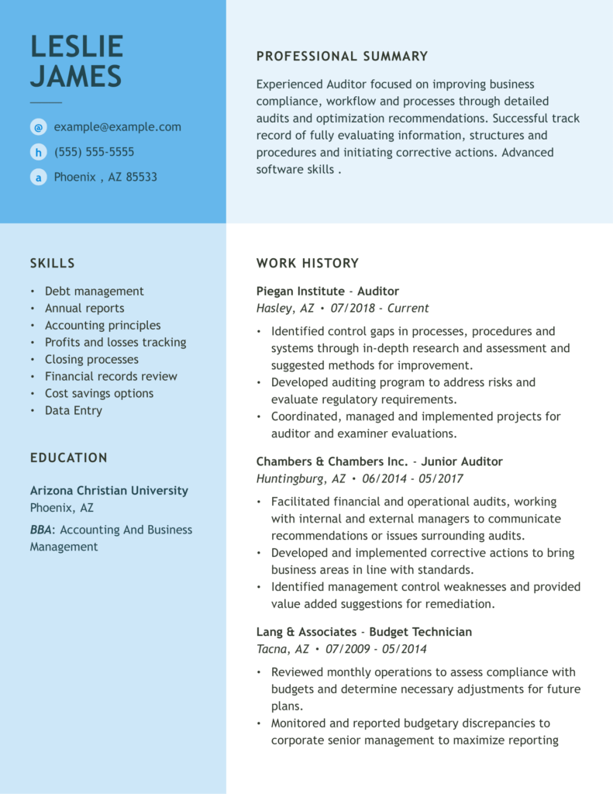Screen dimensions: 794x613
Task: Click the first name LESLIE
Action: click(x=77, y=47)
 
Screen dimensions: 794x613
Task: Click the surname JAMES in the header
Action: click(x=76, y=77)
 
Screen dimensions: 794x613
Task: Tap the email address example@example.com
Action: click(x=117, y=127)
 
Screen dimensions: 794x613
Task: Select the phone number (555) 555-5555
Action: click(x=94, y=152)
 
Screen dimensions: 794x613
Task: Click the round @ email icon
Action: click(x=38, y=127)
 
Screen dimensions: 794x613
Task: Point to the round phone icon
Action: click(x=38, y=152)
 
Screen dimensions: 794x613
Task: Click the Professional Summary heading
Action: click(x=342, y=57)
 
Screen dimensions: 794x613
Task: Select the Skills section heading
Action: click(x=53, y=264)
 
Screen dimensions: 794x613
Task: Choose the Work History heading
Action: click(x=308, y=264)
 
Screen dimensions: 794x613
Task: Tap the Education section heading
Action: click(x=69, y=458)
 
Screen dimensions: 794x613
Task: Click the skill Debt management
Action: click(x=94, y=292)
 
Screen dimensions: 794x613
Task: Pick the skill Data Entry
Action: click(x=74, y=411)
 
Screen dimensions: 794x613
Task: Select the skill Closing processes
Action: click(x=91, y=360)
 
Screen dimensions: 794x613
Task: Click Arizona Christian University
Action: click(x=109, y=491)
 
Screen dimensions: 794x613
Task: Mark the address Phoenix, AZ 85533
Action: click(x=105, y=177)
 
